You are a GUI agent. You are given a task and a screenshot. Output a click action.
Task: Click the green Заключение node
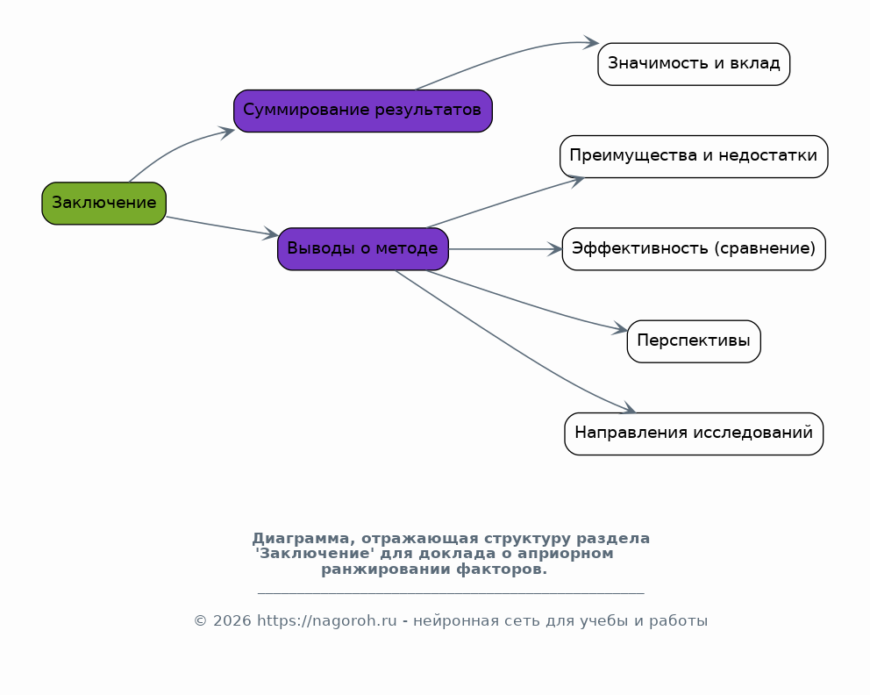pos(103,204)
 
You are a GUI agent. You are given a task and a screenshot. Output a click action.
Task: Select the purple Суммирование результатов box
pos(363,111)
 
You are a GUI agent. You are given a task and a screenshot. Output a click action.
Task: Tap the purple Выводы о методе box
pos(363,249)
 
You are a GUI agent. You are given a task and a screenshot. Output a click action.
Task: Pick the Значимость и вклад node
pos(694,64)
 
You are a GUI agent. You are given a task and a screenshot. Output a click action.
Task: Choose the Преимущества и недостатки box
pos(694,156)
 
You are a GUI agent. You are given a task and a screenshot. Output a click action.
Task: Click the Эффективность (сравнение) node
pos(694,249)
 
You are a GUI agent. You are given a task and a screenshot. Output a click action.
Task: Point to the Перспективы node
pos(694,341)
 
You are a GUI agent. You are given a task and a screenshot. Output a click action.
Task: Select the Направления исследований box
pos(694,433)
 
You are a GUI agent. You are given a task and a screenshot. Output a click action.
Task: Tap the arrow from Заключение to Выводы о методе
pos(222,226)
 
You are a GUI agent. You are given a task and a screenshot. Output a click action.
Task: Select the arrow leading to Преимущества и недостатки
pos(505,202)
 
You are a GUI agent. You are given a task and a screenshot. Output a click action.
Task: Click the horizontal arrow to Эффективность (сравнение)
pos(505,249)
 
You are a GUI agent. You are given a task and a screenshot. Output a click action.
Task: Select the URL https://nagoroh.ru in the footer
pos(327,620)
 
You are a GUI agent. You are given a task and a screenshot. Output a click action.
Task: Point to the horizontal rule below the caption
pos(451,594)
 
